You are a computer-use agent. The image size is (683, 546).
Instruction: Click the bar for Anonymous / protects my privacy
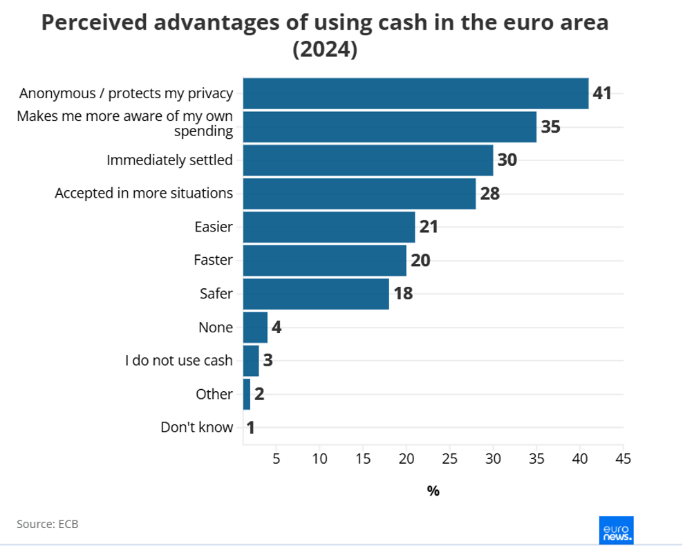point(415,93)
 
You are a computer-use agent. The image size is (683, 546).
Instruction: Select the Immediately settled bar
point(368,160)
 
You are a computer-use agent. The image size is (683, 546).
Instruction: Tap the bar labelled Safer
point(316,294)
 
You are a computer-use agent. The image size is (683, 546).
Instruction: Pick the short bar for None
point(255,327)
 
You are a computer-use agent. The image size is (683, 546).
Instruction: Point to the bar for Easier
point(329,227)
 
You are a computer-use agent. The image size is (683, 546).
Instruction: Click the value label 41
point(602,93)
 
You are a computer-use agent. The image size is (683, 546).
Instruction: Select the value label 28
point(489,194)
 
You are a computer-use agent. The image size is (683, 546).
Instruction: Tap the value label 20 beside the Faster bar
point(420,261)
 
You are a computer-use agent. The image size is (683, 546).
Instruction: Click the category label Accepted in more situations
point(144,194)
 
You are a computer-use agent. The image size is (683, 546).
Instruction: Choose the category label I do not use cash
point(179,361)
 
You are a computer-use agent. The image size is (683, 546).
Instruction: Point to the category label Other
point(214,394)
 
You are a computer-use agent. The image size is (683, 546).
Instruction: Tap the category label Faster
point(213,261)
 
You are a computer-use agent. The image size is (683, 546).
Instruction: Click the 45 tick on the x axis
point(623,458)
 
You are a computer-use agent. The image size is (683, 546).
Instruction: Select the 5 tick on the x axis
point(276,458)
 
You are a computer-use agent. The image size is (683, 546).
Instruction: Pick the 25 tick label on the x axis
point(449,458)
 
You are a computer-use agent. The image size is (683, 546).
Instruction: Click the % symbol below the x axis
point(433,491)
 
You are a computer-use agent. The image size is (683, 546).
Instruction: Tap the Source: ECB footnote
point(48,524)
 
